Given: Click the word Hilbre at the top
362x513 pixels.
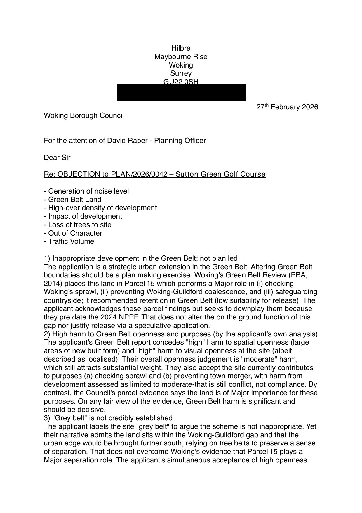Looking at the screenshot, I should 181,48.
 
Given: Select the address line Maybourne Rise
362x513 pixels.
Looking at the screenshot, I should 181,57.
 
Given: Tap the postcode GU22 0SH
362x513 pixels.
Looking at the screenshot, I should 181,82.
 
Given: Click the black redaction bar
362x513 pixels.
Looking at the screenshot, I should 182,93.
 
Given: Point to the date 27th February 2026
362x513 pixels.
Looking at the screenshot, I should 287,107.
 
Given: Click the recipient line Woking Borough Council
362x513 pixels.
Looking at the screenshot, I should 84,115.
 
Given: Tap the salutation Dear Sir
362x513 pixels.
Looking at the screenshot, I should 57,158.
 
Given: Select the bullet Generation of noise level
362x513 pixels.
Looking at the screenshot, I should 86,191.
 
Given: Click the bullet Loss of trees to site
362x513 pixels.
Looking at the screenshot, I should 78,225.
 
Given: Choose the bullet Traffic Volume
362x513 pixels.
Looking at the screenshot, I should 69,241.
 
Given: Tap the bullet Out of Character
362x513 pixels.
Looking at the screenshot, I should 73,233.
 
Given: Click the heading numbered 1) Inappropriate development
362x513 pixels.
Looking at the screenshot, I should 140,258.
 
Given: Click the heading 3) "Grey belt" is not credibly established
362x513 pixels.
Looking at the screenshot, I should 108,418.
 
